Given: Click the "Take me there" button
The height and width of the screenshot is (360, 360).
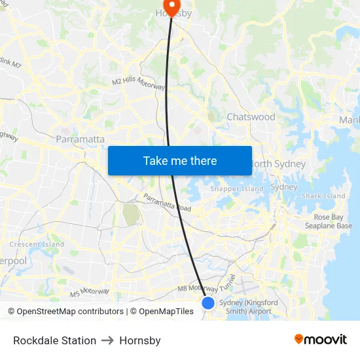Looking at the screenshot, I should [x=180, y=160].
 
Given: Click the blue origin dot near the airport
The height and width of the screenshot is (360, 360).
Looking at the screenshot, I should [x=208, y=302].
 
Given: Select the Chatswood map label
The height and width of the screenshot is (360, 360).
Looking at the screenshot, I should [x=251, y=117].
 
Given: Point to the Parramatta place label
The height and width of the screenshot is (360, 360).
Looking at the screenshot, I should [x=81, y=139].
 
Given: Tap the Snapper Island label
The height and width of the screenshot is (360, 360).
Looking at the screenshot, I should [x=237, y=189].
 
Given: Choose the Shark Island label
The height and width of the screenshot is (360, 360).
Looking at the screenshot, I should [x=323, y=196].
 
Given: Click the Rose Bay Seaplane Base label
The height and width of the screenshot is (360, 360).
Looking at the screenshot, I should [x=333, y=221].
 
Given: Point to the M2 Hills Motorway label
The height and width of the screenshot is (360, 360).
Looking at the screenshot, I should [x=139, y=84].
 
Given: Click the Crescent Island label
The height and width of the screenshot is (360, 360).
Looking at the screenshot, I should [x=37, y=244].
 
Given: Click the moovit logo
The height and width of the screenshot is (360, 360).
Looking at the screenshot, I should [x=320, y=340].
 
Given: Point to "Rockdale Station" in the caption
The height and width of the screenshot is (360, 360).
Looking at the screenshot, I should [x=54, y=340].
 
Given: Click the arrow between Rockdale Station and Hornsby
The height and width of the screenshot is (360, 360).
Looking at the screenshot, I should [x=107, y=340].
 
